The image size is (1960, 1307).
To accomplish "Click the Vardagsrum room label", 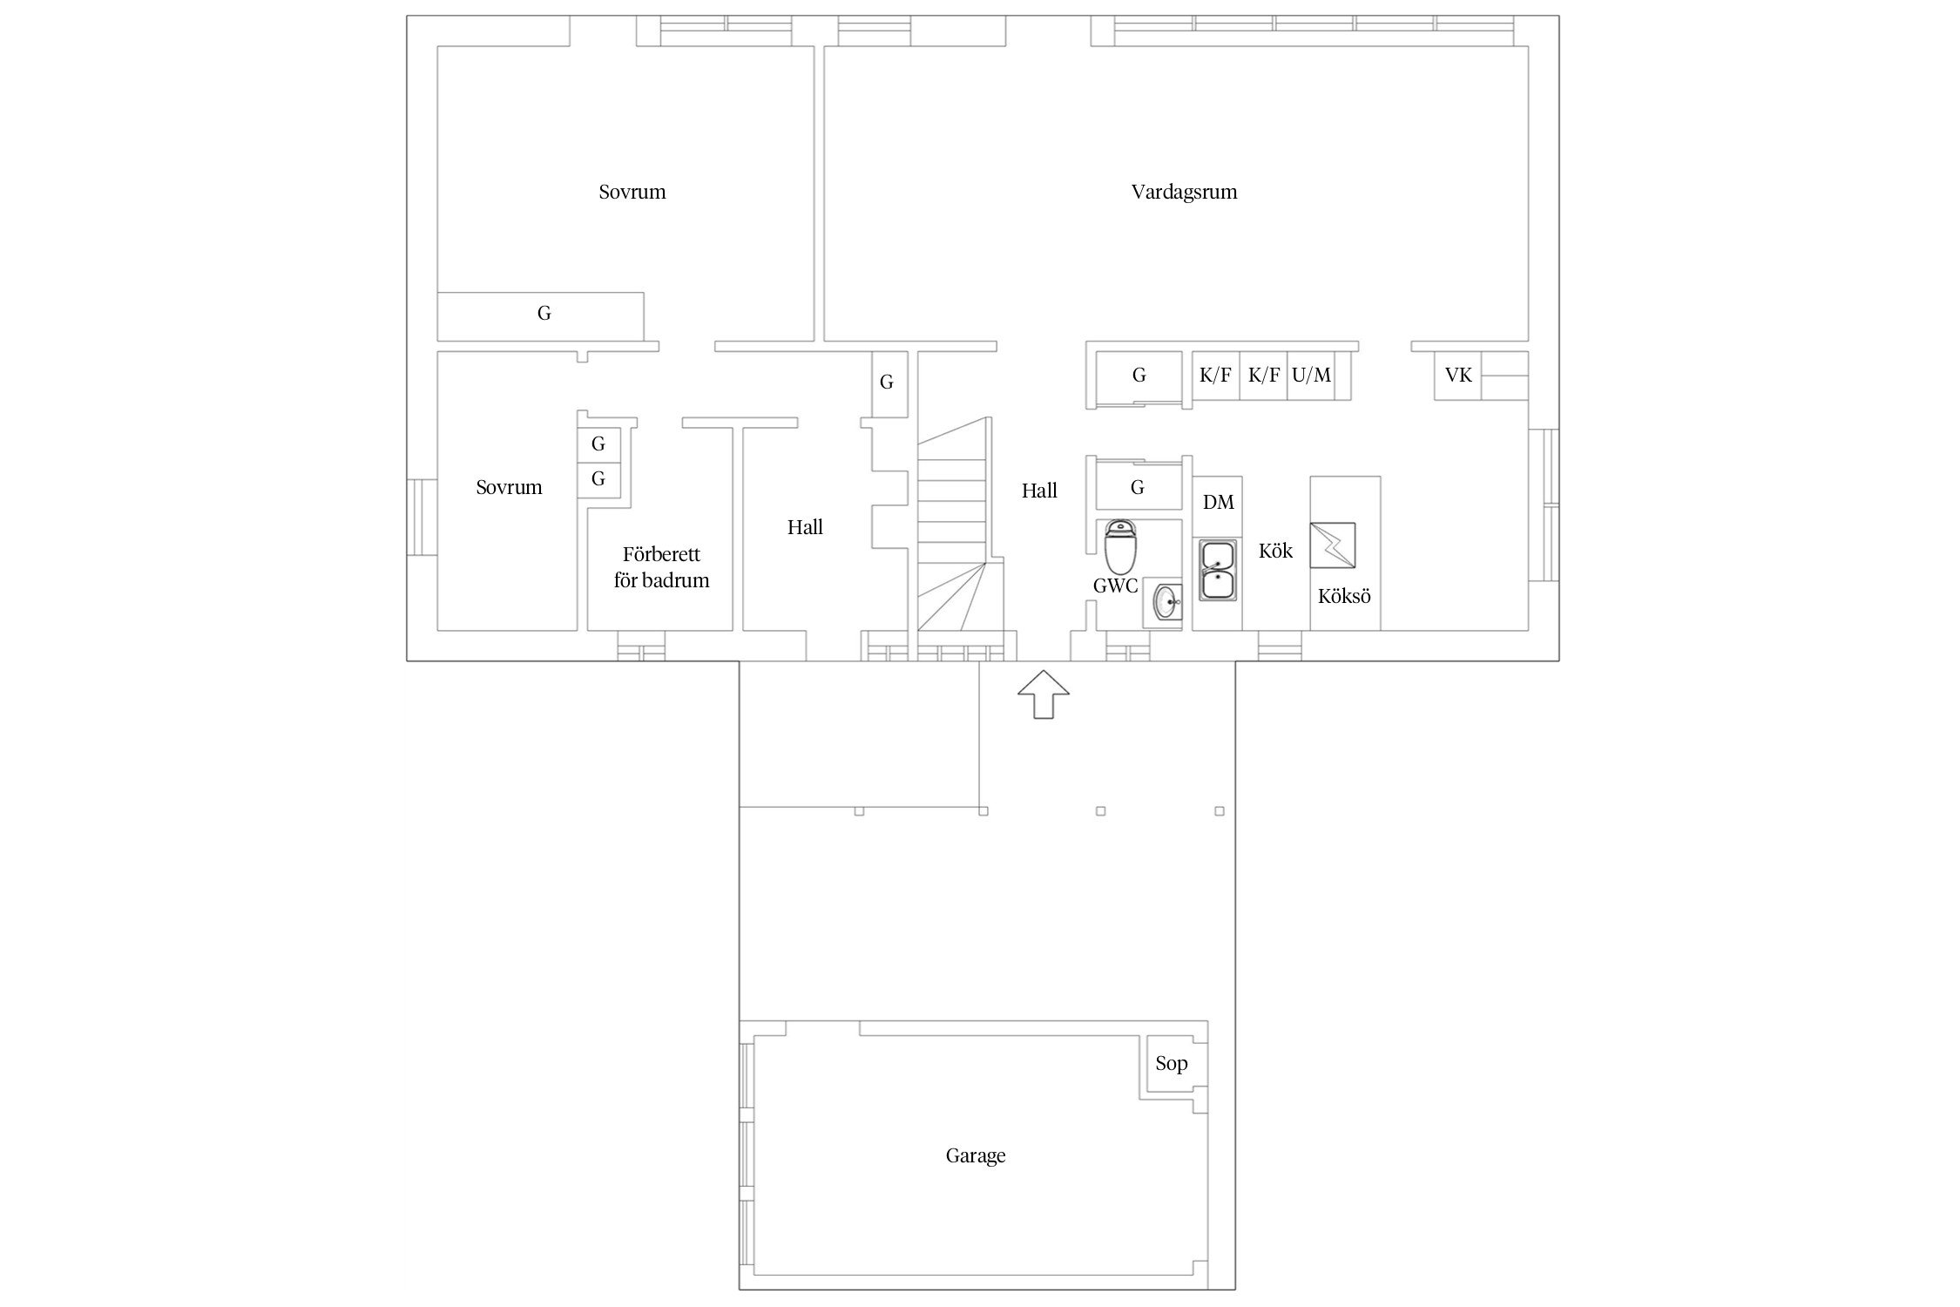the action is click(x=1184, y=192).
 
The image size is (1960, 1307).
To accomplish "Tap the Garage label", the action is click(x=976, y=1155).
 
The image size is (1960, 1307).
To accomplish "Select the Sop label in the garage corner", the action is click(x=1172, y=1063).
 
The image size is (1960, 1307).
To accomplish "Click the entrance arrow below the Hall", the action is click(x=1044, y=694).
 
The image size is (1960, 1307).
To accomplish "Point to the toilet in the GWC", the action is click(x=1119, y=546).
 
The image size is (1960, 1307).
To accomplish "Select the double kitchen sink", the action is click(x=1217, y=570).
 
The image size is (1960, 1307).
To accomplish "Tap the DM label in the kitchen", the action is click(x=1218, y=502).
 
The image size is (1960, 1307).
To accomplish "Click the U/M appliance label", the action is click(x=1311, y=375).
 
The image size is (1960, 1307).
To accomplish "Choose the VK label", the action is click(x=1458, y=375).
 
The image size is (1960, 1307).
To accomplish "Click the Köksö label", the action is click(x=1344, y=596).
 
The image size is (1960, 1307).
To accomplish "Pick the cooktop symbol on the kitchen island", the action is click(x=1333, y=545).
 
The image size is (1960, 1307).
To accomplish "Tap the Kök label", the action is click(x=1275, y=551).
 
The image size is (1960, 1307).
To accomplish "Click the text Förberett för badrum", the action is click(x=661, y=567).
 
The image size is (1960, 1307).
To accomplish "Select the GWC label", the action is click(x=1115, y=586).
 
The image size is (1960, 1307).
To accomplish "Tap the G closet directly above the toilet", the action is click(x=1137, y=487).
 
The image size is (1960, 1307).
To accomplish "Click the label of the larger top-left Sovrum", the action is click(x=632, y=192).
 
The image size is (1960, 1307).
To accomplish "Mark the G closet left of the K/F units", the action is click(x=1139, y=375).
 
